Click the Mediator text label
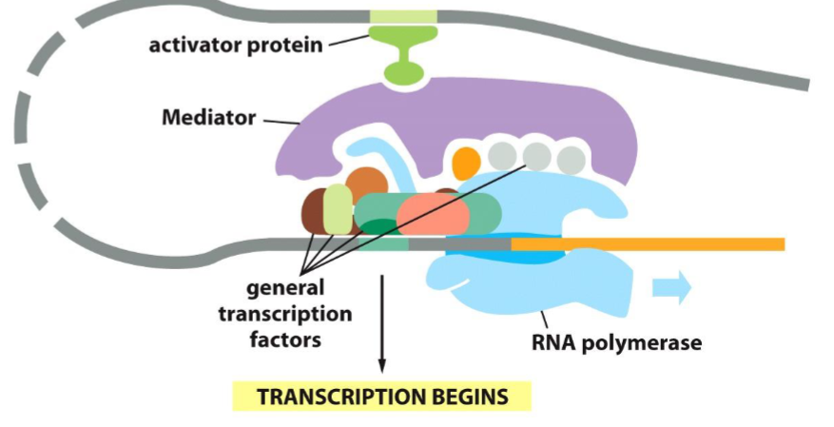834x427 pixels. pyautogui.click(x=208, y=119)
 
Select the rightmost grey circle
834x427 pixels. pyautogui.click(x=571, y=158)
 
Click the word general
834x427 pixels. pyautogui.click(x=285, y=288)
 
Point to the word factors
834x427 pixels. pyautogui.click(x=285, y=338)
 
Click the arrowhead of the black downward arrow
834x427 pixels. pyautogui.click(x=382, y=364)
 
